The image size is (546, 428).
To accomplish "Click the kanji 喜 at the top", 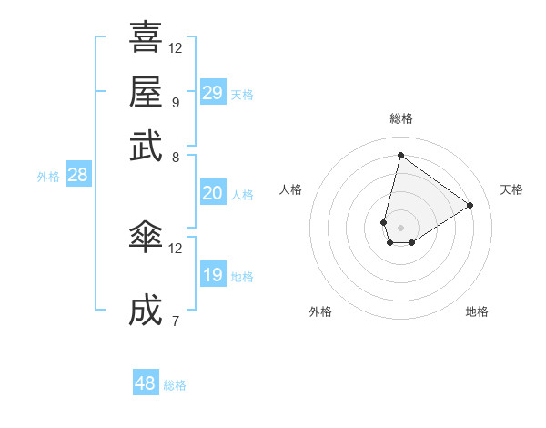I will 146,37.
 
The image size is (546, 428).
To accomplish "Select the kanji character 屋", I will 146,91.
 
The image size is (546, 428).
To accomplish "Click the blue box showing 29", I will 212,93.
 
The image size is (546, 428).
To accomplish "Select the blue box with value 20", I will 212,193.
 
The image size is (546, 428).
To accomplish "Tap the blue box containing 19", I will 212,275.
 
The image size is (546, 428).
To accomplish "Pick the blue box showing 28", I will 77,176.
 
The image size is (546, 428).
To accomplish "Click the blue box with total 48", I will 146,383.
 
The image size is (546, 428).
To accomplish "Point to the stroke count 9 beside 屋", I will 175,102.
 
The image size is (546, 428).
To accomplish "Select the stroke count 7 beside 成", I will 175,321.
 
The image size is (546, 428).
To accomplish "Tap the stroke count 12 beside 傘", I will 176,248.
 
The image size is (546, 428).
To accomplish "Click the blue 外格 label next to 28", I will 48,178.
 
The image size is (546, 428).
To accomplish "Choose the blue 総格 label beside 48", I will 175,385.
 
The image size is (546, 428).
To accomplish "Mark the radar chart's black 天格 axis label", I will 511,189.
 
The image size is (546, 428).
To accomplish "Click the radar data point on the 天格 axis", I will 470,205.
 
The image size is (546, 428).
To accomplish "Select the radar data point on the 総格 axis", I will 400,155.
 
